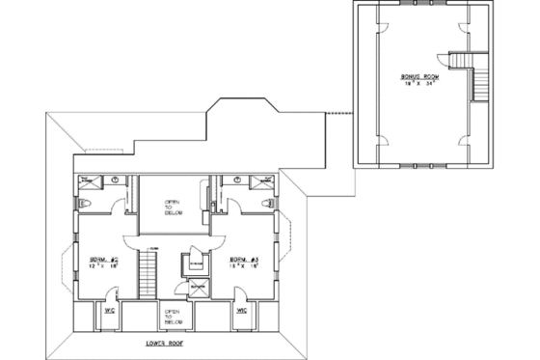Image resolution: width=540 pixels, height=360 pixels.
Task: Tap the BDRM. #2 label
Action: [103, 261]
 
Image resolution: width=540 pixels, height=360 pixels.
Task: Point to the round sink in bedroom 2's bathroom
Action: [115, 180]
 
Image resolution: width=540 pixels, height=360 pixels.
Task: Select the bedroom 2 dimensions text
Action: [103, 269]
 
